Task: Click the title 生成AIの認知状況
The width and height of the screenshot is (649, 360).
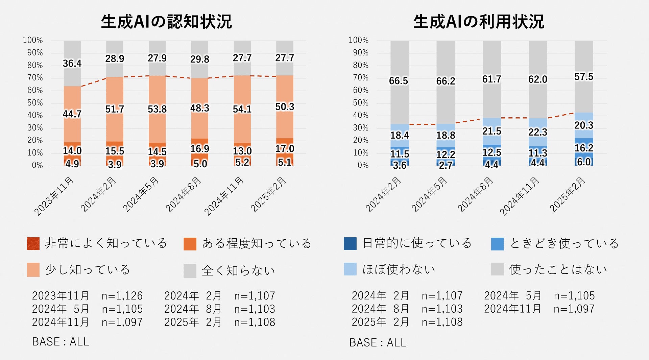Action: (166, 22)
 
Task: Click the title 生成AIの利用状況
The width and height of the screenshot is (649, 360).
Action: (479, 22)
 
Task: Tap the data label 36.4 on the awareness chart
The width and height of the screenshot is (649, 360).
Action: (72, 64)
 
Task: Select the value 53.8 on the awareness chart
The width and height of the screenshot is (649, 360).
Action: (157, 109)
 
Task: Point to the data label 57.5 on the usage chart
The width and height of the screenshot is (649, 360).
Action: (584, 77)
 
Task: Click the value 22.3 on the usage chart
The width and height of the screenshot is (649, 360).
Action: (537, 132)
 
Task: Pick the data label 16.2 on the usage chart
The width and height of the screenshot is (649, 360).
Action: (584, 148)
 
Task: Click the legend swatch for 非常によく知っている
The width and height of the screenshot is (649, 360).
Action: (33, 244)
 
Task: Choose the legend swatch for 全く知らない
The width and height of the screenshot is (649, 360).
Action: (190, 270)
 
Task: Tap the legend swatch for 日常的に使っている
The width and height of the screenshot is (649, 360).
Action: (350, 244)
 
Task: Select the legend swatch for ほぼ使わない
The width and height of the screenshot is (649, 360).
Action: (350, 269)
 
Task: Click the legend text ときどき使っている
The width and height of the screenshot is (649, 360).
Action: (564, 243)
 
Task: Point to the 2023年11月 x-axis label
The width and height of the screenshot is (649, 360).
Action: (54, 196)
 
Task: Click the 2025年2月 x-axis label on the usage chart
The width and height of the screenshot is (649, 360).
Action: (567, 194)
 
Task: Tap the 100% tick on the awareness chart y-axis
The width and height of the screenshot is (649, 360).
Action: (33, 40)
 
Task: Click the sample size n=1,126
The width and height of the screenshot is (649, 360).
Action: (122, 296)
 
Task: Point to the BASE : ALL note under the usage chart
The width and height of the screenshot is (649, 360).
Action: (378, 342)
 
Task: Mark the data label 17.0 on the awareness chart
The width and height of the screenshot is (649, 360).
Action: (285, 148)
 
